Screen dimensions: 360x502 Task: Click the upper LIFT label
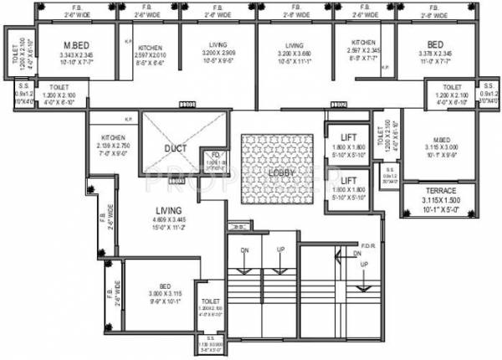343,137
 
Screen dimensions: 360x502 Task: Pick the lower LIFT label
343,180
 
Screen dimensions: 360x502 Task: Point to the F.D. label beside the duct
216,156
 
